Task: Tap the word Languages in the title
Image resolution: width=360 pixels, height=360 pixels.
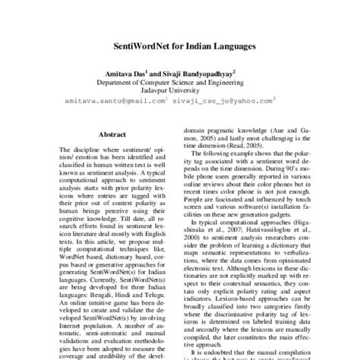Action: [x=233, y=46]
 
